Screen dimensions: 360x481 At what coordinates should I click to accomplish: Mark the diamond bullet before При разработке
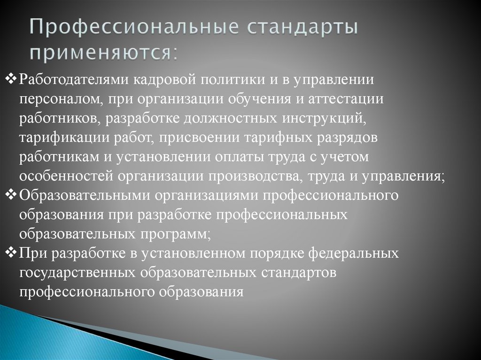(x=13, y=253)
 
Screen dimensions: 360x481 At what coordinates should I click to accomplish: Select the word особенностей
(x=65, y=177)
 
